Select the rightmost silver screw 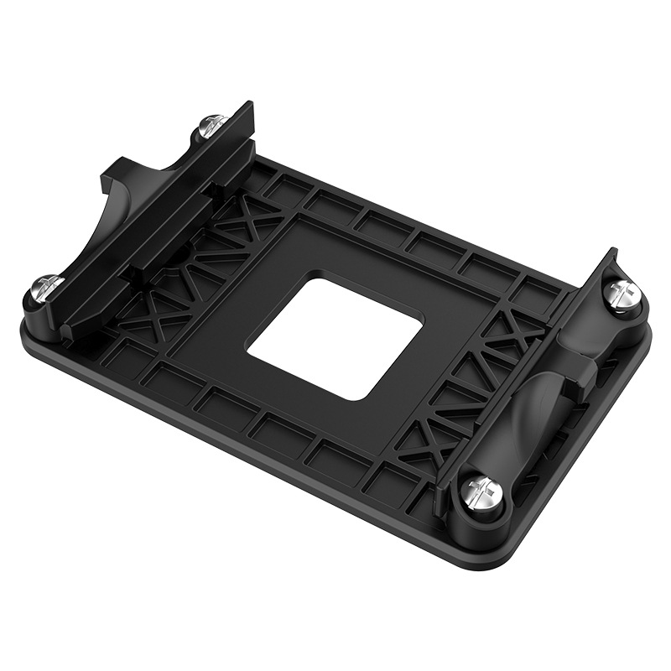(623, 292)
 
